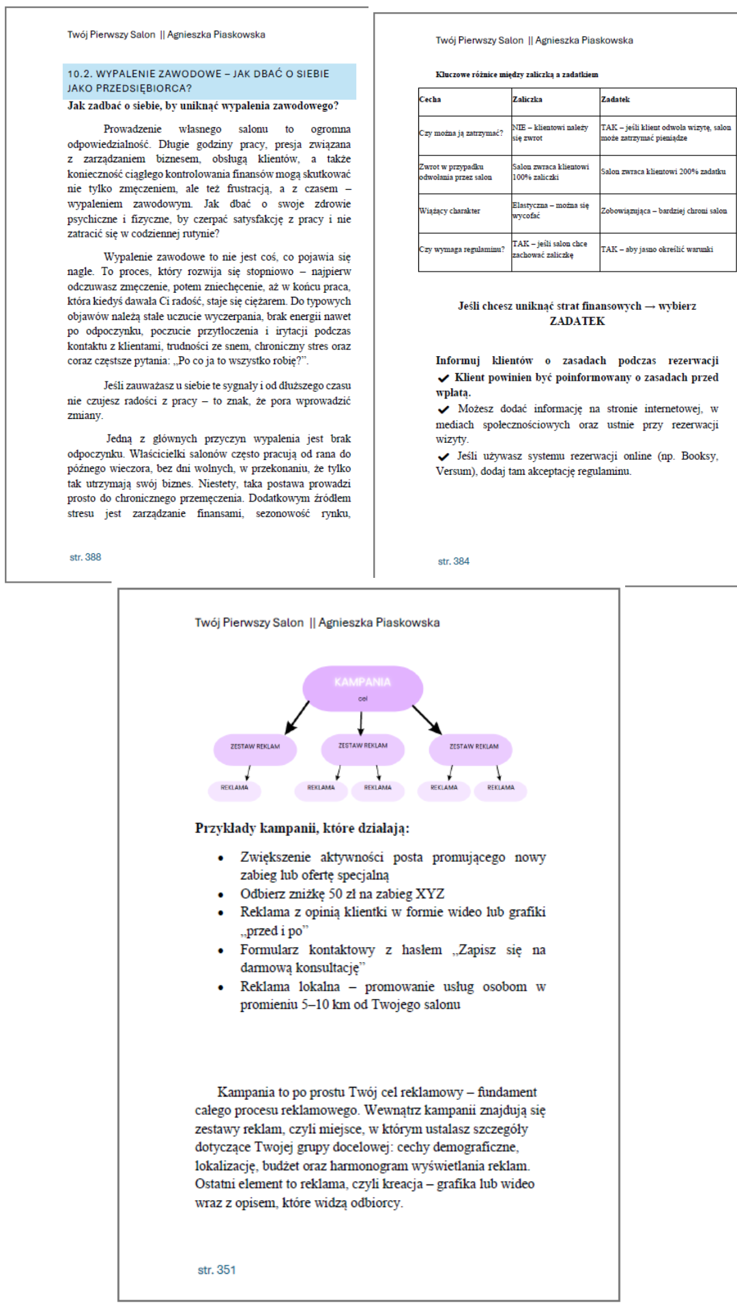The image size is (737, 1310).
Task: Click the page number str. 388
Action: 85,557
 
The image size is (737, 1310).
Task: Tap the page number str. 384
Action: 454,562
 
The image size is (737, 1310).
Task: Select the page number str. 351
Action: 216,1270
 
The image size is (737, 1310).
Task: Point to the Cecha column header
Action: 430,100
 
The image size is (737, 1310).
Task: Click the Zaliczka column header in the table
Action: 528,100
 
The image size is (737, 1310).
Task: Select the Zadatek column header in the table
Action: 616,100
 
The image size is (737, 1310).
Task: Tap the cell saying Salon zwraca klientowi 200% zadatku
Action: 663,172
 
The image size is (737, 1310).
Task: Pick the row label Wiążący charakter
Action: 450,211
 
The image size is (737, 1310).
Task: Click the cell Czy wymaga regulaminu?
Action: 462,250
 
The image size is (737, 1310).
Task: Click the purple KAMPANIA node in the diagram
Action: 362,687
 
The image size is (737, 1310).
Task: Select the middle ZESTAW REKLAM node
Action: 362,746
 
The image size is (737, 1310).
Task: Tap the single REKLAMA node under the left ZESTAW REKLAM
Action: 234,788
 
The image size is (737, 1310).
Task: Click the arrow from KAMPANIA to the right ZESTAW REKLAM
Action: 427,719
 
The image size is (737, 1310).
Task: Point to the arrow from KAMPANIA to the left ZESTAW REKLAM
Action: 298,716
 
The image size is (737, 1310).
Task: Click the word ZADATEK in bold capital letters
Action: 577,321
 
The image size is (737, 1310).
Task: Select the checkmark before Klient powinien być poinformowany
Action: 444,378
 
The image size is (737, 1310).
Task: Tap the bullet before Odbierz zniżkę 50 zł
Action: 220,894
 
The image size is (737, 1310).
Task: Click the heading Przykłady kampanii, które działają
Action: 302,828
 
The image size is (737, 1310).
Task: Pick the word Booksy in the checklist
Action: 699,456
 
